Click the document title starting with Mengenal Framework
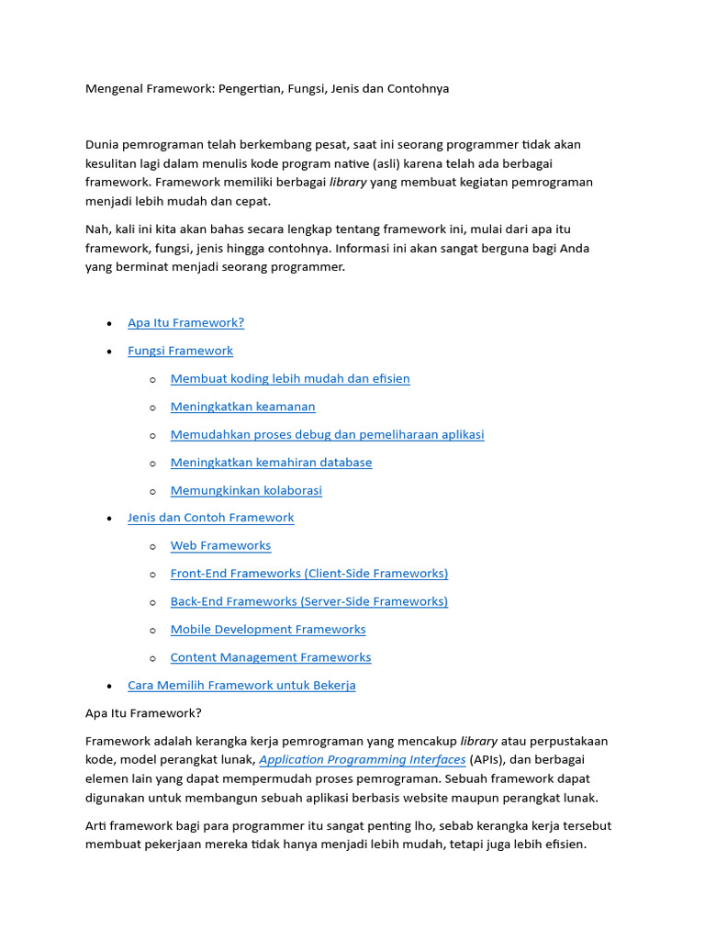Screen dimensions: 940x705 [267, 89]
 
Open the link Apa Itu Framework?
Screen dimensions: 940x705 [185, 323]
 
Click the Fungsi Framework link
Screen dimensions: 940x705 [180, 351]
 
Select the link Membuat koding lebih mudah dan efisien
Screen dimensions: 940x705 [290, 378]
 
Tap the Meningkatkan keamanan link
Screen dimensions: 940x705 [242, 407]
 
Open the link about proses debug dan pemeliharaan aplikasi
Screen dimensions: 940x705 [327, 434]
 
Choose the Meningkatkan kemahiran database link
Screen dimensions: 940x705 [271, 463]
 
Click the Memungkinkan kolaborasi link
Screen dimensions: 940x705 [246, 490]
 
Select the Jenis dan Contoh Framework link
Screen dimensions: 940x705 [210, 518]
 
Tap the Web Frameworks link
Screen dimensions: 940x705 [220, 545]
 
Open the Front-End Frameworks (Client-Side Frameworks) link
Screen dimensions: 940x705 [309, 574]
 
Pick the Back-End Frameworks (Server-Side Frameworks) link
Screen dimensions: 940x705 [309, 601]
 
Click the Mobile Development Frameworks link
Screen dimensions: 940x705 [268, 630]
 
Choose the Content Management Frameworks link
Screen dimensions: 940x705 [271, 657]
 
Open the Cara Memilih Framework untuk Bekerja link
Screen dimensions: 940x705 [241, 686]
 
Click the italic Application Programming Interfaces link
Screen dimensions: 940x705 [363, 760]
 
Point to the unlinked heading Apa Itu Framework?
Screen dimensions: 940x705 [143, 712]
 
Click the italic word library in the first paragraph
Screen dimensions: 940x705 [348, 182]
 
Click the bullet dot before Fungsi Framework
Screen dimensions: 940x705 [109, 352]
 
